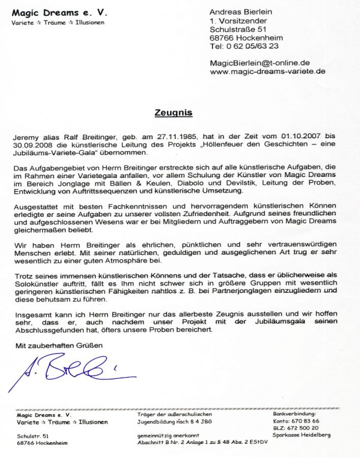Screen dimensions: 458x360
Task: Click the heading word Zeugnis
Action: [x=173, y=113]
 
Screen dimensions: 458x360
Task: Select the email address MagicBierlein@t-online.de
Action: [x=260, y=63]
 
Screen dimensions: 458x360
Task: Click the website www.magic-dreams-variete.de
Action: [x=267, y=72]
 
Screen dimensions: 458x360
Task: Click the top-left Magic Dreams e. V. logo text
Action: [x=59, y=12]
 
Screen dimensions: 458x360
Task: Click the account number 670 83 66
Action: [x=304, y=421]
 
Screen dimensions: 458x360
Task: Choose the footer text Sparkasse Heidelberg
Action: [x=302, y=435]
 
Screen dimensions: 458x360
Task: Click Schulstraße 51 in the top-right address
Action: [x=238, y=29]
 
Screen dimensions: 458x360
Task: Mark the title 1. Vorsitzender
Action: [x=238, y=20]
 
